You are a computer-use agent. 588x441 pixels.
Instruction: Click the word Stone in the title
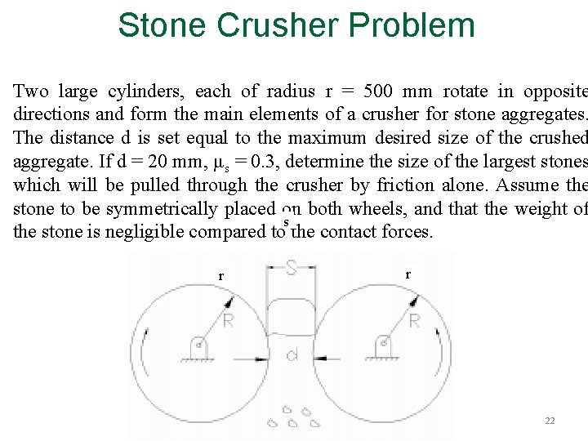[x=162, y=24]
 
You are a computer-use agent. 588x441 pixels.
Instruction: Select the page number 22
[x=550, y=421]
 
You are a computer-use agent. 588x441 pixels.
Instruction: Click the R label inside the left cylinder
[x=228, y=321]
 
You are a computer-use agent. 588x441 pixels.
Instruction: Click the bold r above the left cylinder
[x=220, y=276]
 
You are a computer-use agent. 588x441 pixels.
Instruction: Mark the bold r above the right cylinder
[x=408, y=274]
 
